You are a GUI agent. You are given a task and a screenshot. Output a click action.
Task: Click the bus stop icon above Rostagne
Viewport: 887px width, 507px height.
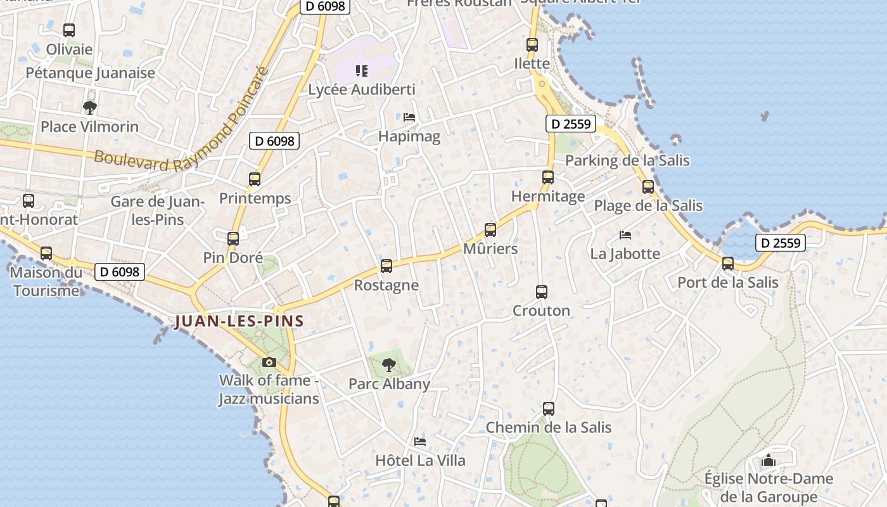(386, 266)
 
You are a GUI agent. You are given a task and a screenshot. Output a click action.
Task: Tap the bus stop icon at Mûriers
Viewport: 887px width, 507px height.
(490, 230)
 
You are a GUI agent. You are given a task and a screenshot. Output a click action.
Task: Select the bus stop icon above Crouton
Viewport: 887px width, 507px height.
(542, 292)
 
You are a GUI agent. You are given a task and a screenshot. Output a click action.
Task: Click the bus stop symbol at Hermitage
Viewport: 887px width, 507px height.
(548, 177)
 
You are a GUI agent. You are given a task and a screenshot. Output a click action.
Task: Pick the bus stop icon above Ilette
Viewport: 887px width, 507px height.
(532, 45)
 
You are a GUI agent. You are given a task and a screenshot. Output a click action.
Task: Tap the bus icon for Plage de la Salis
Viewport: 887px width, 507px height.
(648, 187)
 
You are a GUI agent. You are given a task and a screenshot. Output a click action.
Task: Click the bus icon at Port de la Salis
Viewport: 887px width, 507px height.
(728, 264)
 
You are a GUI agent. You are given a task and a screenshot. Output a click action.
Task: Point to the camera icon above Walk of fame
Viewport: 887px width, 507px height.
(269, 363)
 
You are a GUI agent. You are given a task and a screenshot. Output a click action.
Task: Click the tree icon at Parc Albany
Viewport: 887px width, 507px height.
(389, 365)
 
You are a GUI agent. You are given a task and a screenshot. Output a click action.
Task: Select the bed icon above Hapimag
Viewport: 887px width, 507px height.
(409, 117)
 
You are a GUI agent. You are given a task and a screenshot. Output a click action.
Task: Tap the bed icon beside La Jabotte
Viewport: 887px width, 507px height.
(625, 235)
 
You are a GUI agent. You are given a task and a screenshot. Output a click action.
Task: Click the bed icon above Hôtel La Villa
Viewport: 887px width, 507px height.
(420, 442)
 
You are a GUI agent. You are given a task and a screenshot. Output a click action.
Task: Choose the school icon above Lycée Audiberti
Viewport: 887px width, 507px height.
(362, 71)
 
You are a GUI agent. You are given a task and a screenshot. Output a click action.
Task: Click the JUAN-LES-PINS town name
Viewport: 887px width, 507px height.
(239, 321)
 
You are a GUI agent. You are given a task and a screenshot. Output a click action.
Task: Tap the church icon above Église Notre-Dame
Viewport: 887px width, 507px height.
(769, 460)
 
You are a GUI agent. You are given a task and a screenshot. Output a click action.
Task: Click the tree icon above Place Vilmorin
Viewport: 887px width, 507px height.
(90, 108)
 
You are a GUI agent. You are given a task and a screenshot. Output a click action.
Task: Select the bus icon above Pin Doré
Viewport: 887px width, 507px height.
(233, 239)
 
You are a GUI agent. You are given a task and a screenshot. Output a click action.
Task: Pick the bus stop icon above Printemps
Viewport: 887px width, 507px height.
(255, 179)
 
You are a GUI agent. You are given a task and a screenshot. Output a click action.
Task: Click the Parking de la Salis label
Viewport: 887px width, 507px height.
(627, 160)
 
